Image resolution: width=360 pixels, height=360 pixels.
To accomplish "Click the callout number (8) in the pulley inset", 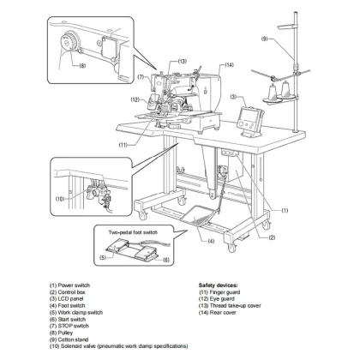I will pos(81,65).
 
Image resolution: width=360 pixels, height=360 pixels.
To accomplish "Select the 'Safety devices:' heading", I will pos(207,279).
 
